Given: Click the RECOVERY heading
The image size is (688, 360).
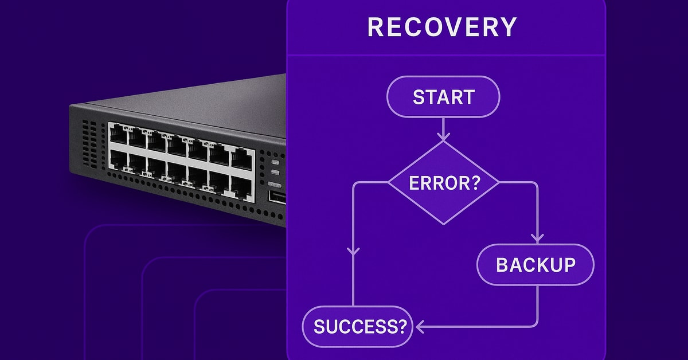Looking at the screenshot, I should (441, 27).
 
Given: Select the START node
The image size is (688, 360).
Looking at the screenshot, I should (443, 96).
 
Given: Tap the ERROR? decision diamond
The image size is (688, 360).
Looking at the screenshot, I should (444, 183).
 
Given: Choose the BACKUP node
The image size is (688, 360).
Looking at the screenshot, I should (535, 264).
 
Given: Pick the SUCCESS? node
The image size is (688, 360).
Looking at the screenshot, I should (357, 327).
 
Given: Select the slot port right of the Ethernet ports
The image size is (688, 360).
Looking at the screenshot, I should (276, 197).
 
